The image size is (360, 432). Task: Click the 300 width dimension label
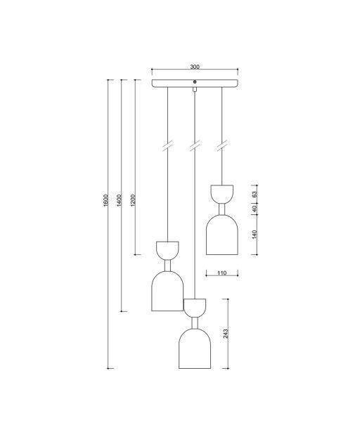(x=195, y=67)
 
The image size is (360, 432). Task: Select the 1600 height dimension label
(x=105, y=201)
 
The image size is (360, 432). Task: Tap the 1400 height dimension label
(x=119, y=201)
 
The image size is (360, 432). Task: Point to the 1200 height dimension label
(x=133, y=201)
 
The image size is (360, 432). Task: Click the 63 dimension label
(x=255, y=195)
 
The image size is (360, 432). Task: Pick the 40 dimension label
(x=255, y=209)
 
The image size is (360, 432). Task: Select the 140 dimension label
(x=255, y=235)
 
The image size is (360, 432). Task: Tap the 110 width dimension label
(x=221, y=273)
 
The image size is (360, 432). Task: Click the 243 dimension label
(x=226, y=334)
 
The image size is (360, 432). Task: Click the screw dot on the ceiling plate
(x=195, y=81)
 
